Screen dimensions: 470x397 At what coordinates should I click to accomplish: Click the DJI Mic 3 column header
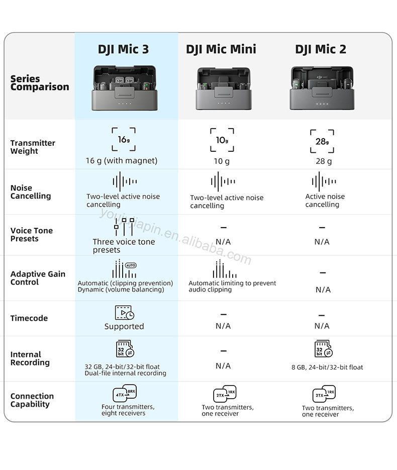[123, 49]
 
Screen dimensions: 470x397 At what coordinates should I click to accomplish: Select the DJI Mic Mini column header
[221, 49]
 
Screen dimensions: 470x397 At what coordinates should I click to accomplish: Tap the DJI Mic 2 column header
[321, 49]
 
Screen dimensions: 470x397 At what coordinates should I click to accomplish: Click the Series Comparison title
[40, 83]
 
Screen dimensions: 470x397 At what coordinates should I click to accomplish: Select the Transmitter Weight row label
[33, 147]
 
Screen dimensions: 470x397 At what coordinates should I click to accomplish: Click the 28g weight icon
[322, 141]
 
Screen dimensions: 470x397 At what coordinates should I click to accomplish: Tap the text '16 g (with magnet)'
[121, 161]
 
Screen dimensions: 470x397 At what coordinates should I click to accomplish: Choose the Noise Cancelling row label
[31, 192]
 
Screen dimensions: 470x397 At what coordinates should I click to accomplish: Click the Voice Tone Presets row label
[32, 235]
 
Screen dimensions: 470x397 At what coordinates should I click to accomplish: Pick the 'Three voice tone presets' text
[124, 246]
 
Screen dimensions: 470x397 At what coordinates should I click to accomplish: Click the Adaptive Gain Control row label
[38, 278]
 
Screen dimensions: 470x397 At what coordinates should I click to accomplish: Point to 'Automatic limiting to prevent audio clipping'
[232, 287]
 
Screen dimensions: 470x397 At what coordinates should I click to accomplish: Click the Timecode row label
[29, 318]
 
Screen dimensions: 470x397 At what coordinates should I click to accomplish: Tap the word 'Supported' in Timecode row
[124, 327]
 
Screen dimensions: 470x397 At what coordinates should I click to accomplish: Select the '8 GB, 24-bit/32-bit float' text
[327, 367]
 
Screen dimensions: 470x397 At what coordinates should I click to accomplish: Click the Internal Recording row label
[30, 358]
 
